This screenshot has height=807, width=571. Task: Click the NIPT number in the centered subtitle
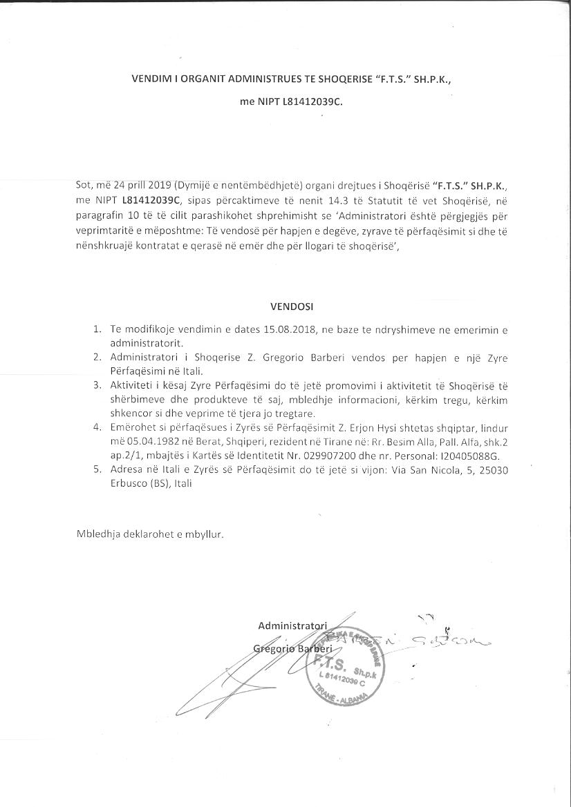(x=312, y=101)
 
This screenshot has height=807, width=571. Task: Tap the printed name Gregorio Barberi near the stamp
(x=292, y=649)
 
